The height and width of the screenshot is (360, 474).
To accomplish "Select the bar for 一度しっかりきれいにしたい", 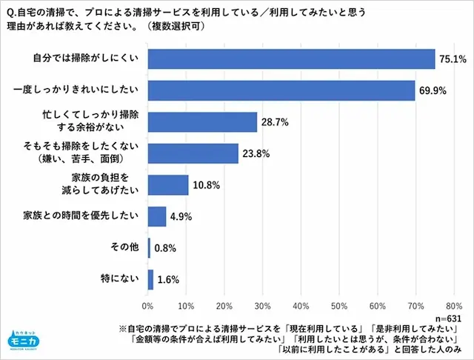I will coord(281,90).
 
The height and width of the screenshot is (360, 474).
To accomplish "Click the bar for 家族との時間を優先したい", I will coord(157,216).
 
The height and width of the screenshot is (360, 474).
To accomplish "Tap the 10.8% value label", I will coord(207,184).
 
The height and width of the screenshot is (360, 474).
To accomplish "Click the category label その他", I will coord(124,248).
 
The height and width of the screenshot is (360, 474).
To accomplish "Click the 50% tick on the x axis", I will coord(339,305).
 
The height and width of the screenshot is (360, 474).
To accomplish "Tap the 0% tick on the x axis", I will coord(148,305).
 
